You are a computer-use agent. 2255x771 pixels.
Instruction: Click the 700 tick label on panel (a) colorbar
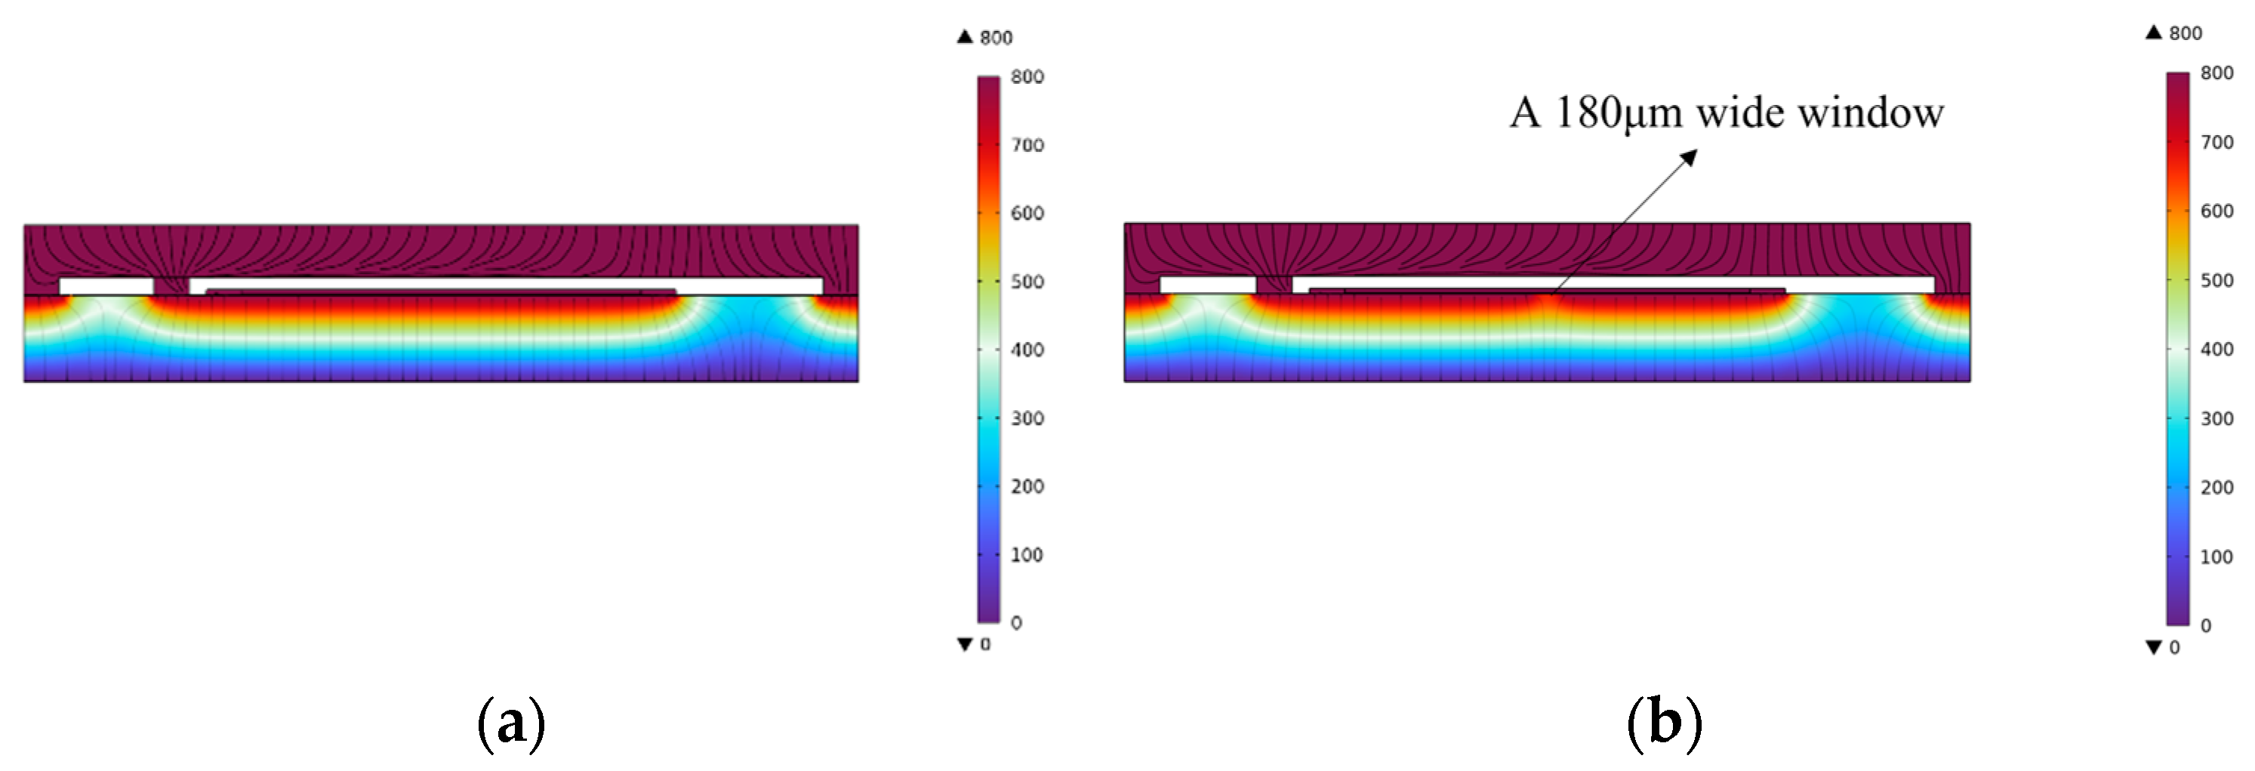tap(1027, 145)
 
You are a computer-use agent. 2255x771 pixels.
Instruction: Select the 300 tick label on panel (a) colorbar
tap(1027, 418)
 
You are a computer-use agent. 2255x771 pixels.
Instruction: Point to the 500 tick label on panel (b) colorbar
tap(2216, 281)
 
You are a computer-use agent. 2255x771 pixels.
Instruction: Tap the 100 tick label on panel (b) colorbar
tap(2216, 557)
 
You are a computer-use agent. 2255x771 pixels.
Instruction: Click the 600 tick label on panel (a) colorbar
tap(1027, 214)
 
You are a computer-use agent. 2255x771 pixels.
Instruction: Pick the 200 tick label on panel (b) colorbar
tap(2216, 488)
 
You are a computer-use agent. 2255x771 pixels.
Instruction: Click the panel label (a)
tap(511, 723)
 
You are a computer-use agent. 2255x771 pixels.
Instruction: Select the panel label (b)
tap(1664, 723)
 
